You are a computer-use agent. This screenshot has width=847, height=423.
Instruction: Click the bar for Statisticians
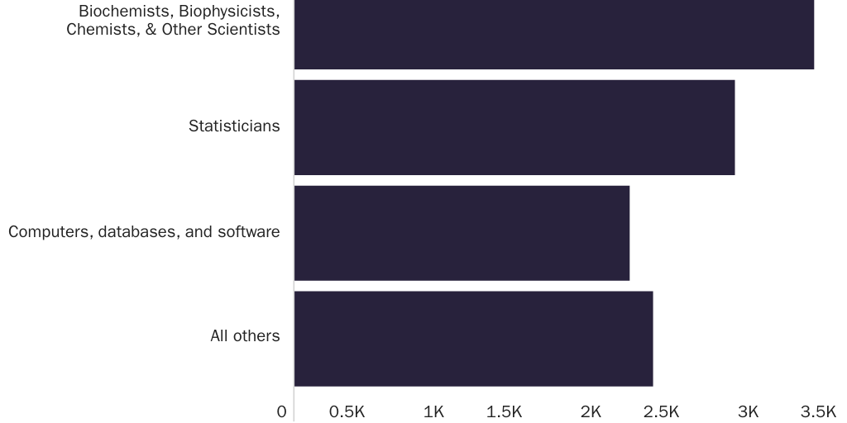514,127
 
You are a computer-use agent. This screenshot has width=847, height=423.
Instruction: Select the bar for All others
473,338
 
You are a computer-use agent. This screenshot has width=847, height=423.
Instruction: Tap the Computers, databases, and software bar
462,233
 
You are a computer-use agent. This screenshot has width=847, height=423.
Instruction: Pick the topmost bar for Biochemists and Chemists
553,33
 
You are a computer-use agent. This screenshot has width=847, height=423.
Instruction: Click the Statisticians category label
234,126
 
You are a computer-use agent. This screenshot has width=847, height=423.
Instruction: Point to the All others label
245,336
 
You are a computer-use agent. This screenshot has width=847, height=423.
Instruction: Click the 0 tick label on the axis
282,411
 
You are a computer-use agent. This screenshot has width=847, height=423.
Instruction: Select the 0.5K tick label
347,411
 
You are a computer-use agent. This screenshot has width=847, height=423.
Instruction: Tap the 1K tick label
433,411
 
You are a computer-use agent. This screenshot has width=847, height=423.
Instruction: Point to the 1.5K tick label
504,411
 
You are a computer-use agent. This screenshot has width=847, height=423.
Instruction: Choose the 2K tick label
591,411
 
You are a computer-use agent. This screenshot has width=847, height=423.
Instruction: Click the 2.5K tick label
661,411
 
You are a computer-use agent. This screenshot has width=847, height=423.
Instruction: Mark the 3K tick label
748,411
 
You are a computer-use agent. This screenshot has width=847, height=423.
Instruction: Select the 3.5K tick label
818,411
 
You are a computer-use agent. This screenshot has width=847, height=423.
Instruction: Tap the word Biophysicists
225,12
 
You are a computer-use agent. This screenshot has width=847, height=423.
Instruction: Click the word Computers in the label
49,231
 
